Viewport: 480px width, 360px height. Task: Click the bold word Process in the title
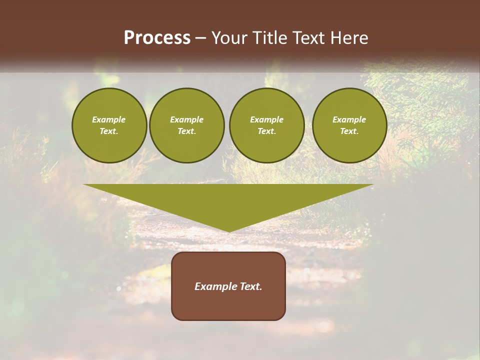point(157,38)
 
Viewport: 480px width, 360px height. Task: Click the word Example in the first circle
point(109,119)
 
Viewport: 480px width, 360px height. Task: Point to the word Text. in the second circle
point(186,131)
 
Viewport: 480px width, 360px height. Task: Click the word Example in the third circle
point(266,119)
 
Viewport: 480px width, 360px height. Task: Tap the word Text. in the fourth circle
point(349,131)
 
